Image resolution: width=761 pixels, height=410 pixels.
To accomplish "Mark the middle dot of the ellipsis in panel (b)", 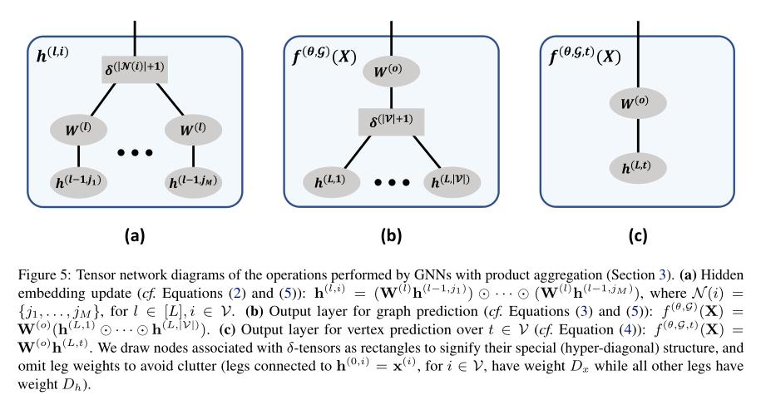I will tap(392, 182).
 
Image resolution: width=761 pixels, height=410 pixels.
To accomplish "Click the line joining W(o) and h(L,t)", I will tap(639, 136).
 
